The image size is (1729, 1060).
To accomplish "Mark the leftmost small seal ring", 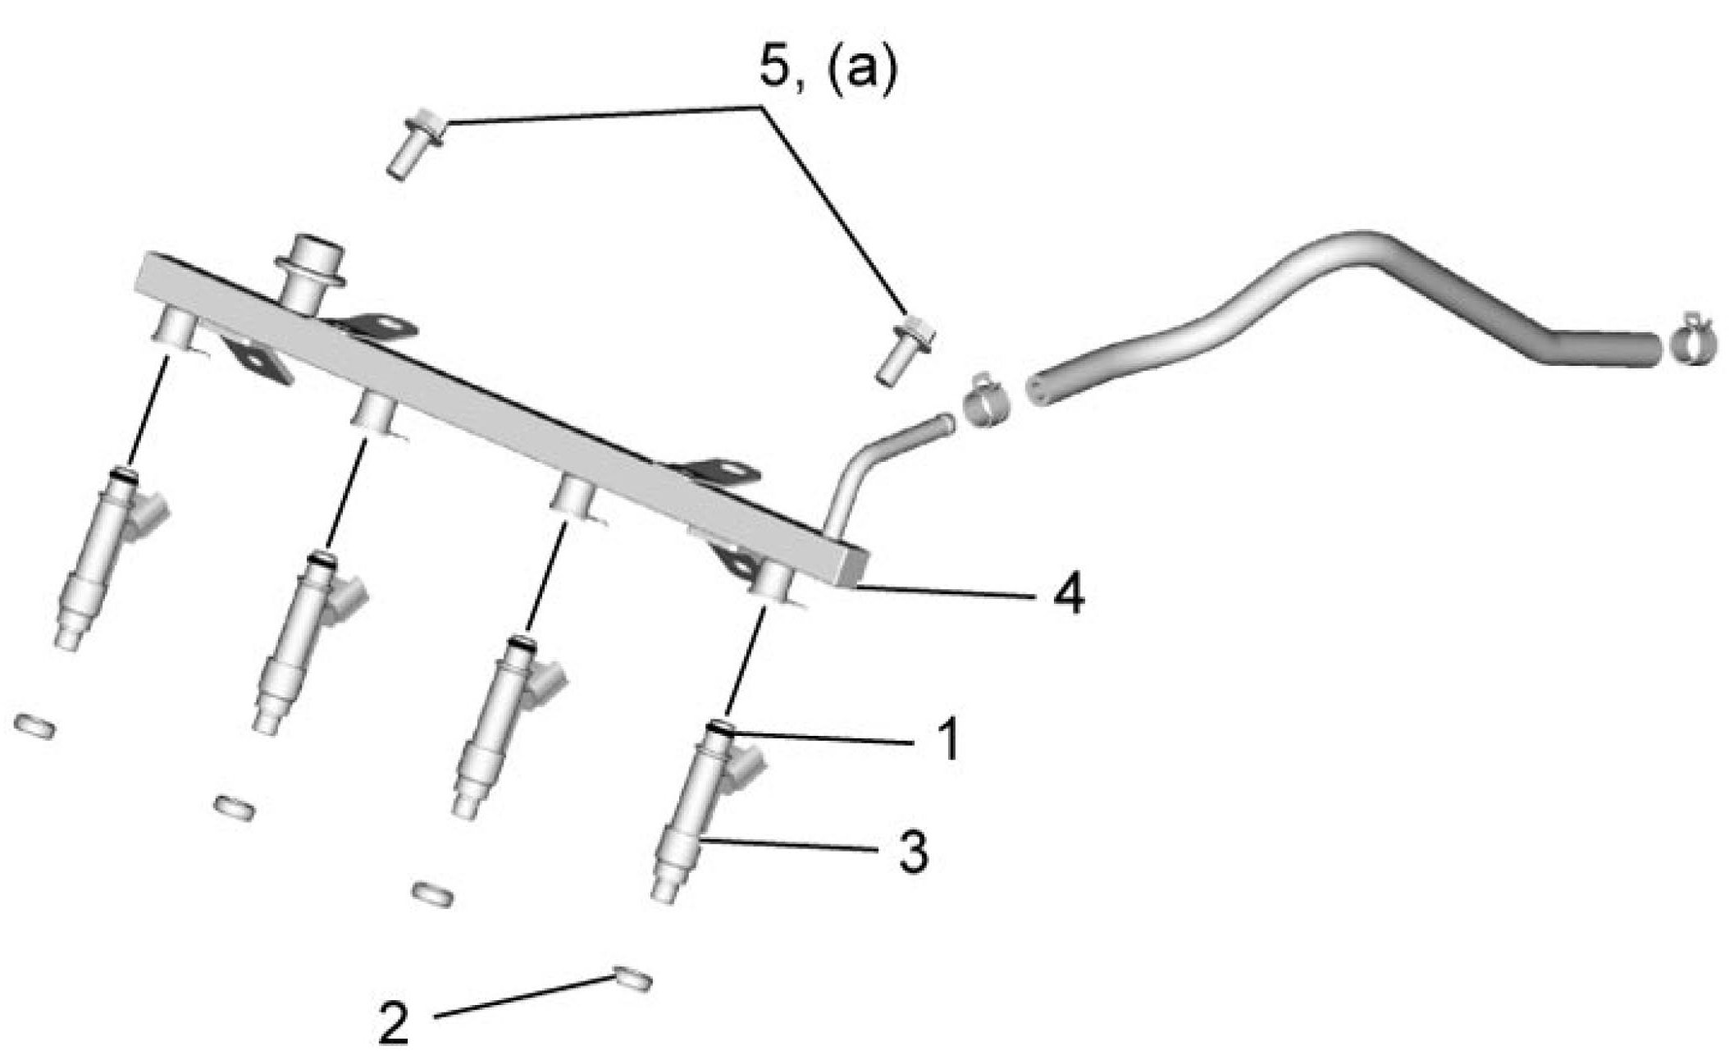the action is point(34,725).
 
